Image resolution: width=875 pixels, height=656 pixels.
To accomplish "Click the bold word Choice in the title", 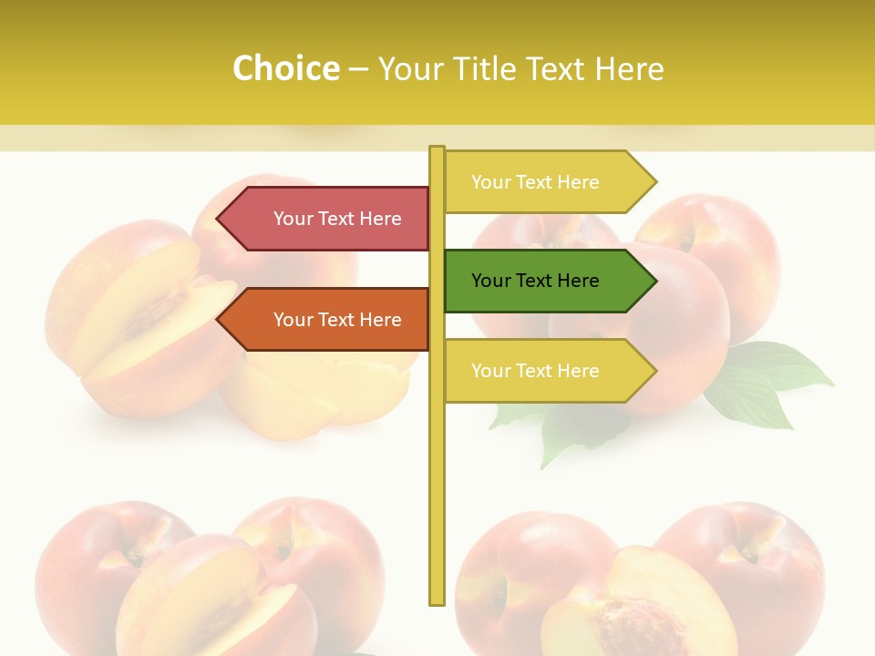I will tap(285, 68).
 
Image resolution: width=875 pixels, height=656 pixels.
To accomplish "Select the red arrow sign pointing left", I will tap(324, 219).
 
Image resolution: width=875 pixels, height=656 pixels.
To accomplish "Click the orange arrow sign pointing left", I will tap(324, 320).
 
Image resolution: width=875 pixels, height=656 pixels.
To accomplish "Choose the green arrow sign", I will tap(547, 281).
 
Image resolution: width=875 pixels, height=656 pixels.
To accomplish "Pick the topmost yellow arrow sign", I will tap(547, 182).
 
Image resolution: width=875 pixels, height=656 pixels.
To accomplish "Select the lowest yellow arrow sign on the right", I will tap(547, 371).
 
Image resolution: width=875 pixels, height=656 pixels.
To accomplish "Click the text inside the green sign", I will tap(535, 281).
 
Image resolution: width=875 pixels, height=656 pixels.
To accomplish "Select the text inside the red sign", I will tap(337, 219).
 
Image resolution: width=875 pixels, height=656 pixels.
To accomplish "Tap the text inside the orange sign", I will tap(337, 320).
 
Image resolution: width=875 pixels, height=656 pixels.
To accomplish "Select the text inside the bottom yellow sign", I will tap(535, 371).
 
